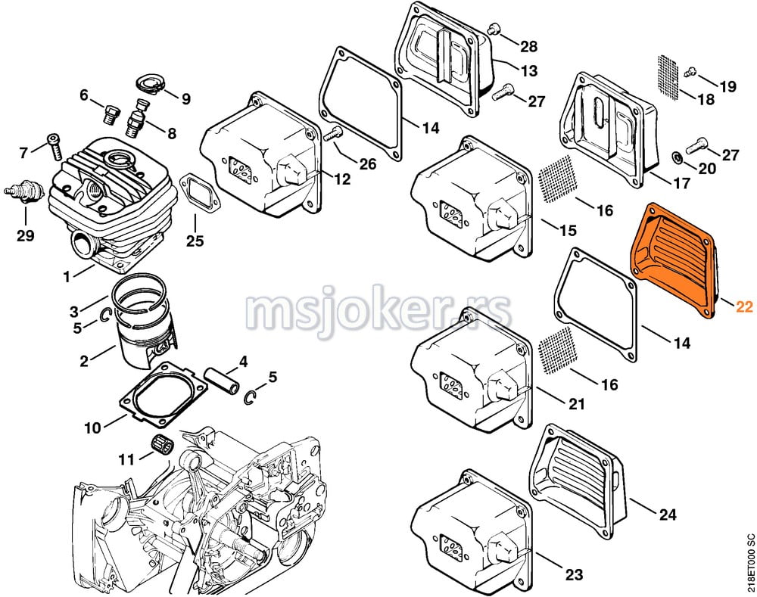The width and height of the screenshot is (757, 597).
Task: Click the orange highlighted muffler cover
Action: click(674, 260)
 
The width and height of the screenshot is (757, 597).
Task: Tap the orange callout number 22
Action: click(744, 306)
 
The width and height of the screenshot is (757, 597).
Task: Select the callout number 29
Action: click(26, 235)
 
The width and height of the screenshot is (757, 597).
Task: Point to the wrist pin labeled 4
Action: click(223, 380)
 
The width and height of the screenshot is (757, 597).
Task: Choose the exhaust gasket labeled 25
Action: click(198, 193)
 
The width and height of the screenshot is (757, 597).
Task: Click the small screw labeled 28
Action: click(493, 30)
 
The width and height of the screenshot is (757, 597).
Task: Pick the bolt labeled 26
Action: click(332, 132)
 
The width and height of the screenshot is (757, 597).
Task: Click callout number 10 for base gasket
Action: click(93, 428)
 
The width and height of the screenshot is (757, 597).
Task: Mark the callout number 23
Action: click(574, 575)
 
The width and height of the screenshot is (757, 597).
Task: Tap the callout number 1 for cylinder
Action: click(67, 276)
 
